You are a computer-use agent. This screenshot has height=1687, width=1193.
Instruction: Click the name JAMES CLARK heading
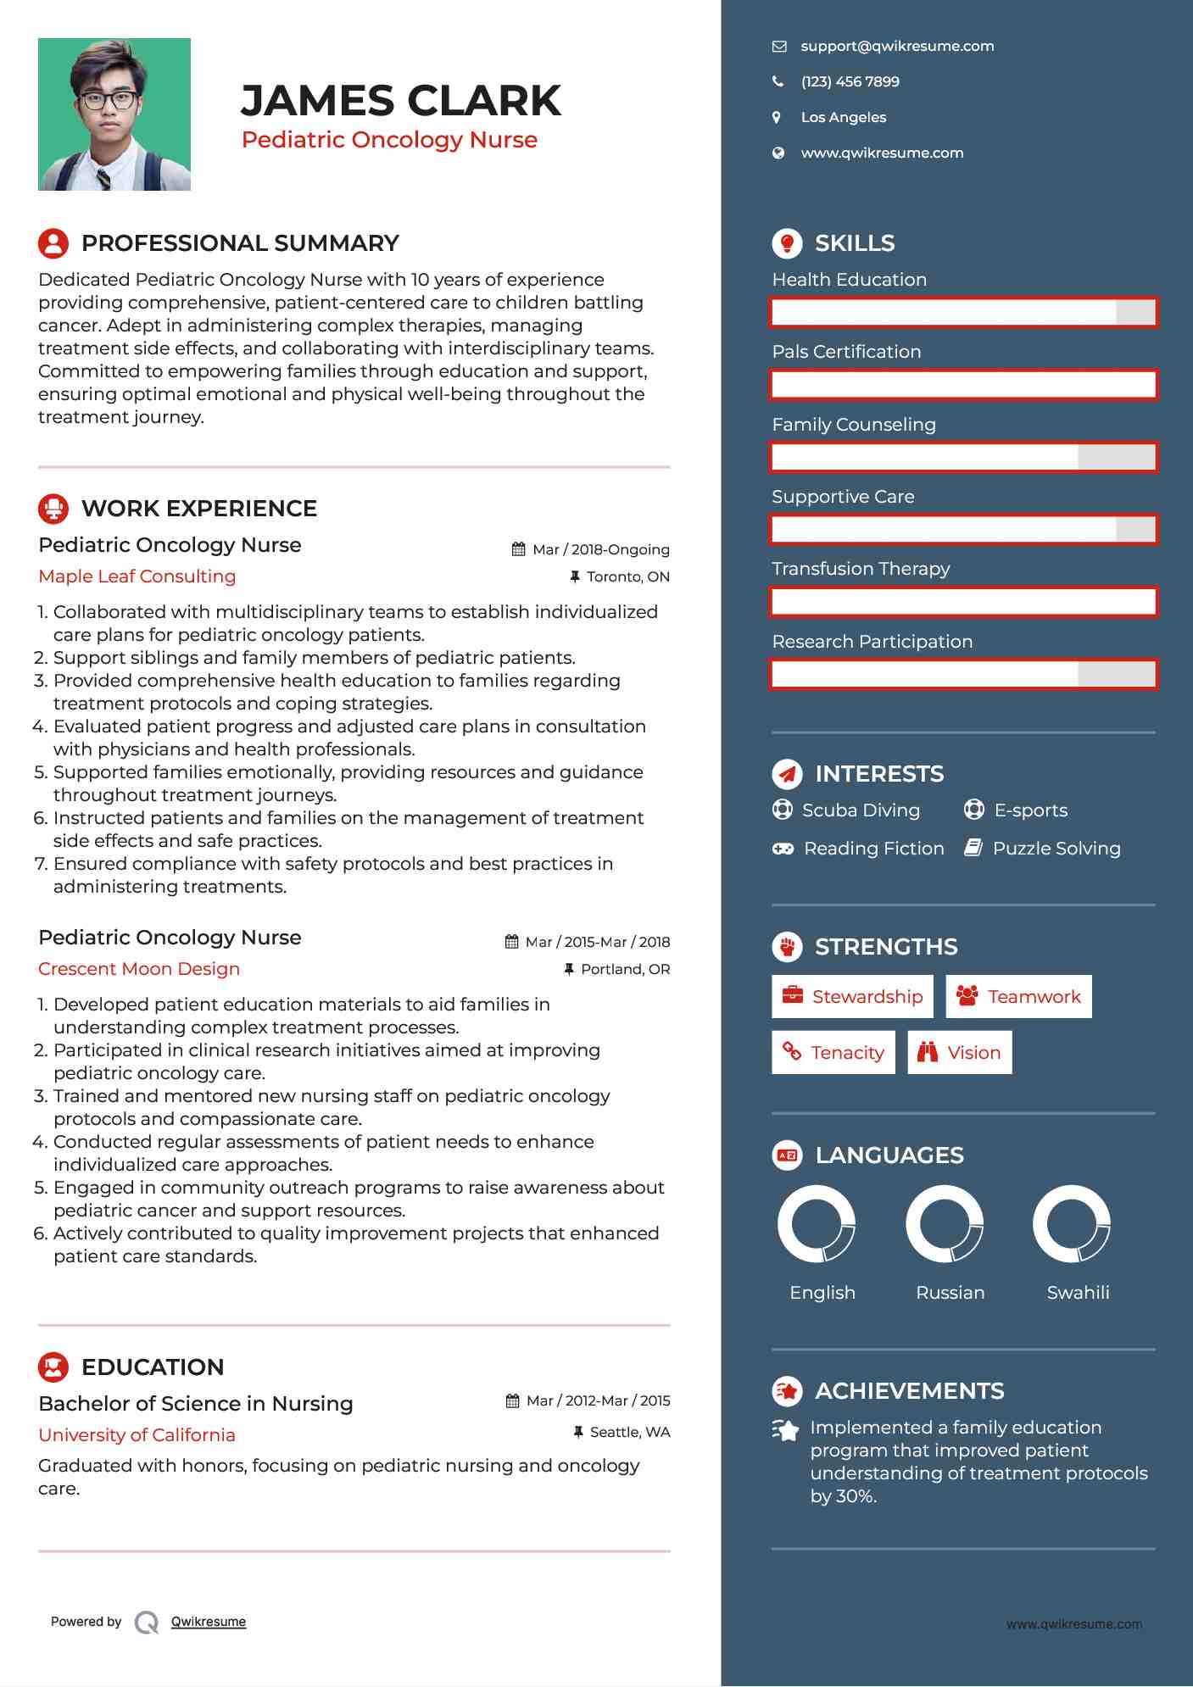(x=400, y=101)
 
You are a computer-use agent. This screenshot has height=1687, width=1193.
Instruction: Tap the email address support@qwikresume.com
(x=896, y=47)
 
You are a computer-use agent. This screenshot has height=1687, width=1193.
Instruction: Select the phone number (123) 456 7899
(x=850, y=82)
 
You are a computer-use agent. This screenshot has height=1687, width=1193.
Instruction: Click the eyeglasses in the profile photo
(x=109, y=100)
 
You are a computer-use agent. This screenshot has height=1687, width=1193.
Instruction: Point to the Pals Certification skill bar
(x=963, y=385)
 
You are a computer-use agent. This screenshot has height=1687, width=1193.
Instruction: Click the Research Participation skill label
(x=872, y=642)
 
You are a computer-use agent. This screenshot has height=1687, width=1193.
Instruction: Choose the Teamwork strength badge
(x=1018, y=997)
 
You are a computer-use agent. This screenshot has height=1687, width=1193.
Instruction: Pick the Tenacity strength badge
(x=833, y=1053)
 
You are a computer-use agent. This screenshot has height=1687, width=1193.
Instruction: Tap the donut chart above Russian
(x=944, y=1224)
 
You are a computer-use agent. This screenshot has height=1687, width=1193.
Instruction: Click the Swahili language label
(x=1077, y=1293)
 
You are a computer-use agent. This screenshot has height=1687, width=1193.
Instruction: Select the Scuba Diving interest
(x=860, y=810)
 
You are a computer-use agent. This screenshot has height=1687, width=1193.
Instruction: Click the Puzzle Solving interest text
(x=1056, y=849)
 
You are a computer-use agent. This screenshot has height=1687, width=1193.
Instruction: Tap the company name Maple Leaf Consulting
(x=137, y=576)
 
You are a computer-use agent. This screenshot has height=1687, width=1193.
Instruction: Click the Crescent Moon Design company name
(x=139, y=969)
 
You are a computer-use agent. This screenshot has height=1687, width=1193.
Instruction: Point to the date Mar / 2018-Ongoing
(x=600, y=549)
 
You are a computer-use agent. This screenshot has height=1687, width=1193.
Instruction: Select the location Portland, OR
(x=625, y=969)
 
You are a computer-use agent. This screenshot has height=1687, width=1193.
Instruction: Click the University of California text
(x=137, y=1435)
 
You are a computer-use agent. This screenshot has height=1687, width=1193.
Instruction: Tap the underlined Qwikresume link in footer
(x=209, y=1622)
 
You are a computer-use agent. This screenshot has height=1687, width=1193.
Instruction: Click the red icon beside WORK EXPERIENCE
(x=53, y=509)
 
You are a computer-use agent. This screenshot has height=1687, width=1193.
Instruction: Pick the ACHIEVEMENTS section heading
(x=909, y=1391)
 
